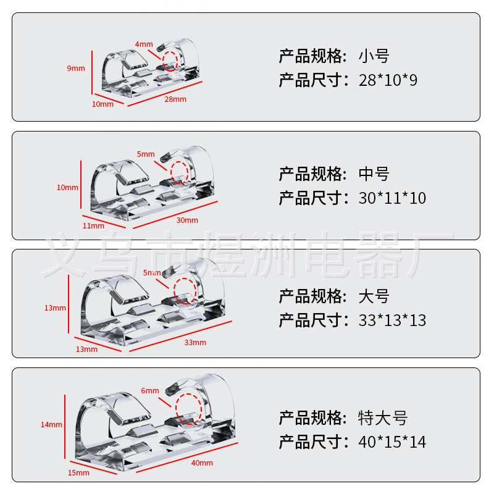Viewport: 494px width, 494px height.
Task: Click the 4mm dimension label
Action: click(x=144, y=44)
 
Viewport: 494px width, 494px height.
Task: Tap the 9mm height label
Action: click(x=76, y=69)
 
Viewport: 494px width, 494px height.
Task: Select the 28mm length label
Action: click(x=175, y=99)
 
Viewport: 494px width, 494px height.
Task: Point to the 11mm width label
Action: click(x=93, y=225)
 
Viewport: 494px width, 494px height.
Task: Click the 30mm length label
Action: click(x=187, y=220)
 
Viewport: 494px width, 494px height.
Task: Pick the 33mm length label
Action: click(x=195, y=343)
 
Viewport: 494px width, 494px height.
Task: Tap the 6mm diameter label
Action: click(x=150, y=391)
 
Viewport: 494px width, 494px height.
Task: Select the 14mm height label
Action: click(x=51, y=425)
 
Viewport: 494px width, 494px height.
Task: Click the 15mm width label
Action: click(x=79, y=472)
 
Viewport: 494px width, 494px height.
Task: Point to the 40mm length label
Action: click(x=202, y=463)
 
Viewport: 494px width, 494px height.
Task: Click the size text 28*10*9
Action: click(x=388, y=80)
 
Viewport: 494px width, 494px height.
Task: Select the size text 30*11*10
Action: click(x=392, y=198)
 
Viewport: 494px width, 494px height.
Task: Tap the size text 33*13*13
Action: click(x=392, y=320)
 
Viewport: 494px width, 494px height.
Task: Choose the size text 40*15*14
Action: click(x=392, y=442)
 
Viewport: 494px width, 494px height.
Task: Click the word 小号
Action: click(x=374, y=56)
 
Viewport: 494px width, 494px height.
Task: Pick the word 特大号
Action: click(x=383, y=418)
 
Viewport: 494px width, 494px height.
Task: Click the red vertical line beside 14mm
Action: click(x=65, y=427)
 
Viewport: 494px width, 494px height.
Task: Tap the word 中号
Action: click(x=374, y=174)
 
